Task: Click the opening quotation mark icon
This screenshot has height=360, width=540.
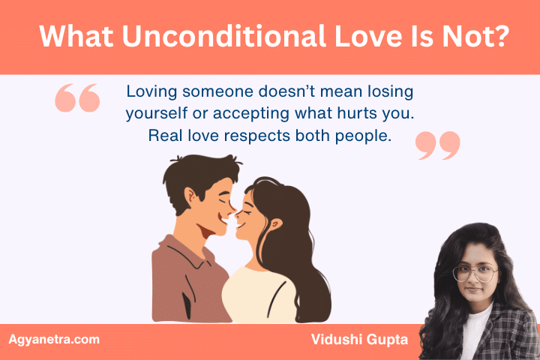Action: (x=77, y=97)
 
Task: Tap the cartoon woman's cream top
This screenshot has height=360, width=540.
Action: (x=255, y=292)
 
